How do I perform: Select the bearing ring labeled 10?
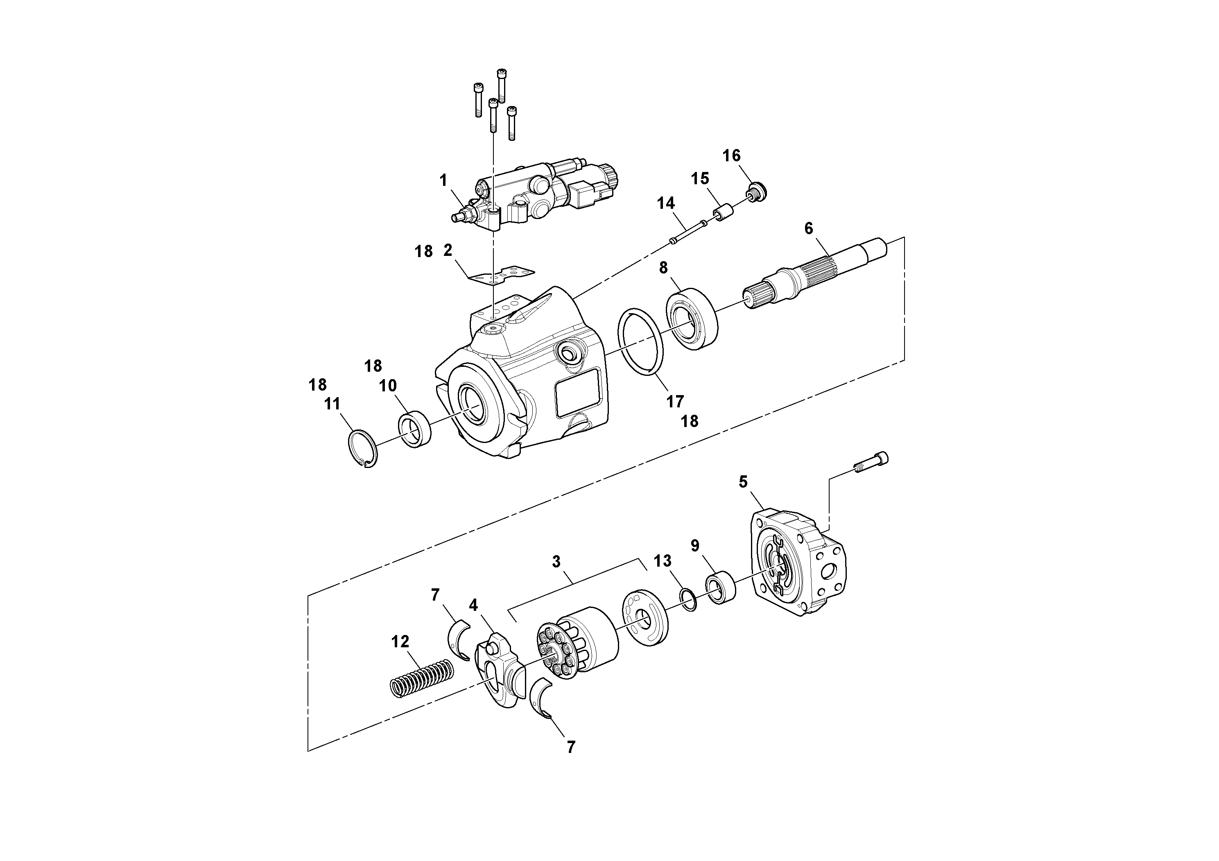tap(415, 429)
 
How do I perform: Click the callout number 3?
tap(556, 562)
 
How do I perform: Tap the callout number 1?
tap(443, 181)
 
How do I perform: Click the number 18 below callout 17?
tap(690, 421)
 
